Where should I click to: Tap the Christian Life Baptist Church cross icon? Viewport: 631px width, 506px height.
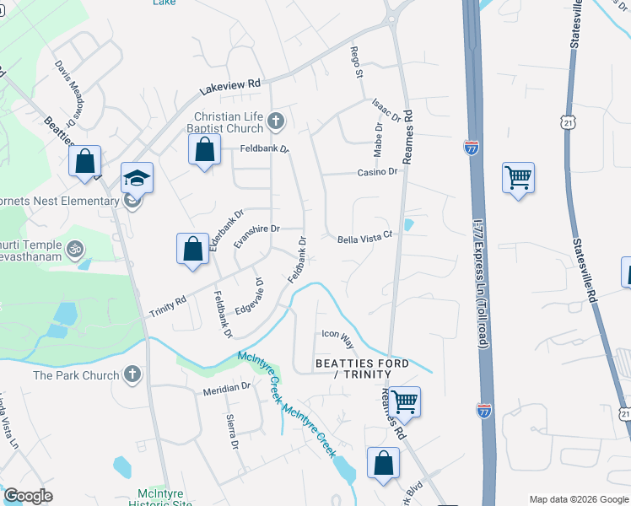point(275,123)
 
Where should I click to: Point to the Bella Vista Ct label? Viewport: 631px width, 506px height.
point(366,239)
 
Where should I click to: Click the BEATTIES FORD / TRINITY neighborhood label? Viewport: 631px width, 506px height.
point(362,369)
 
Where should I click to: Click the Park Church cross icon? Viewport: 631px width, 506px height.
point(132,374)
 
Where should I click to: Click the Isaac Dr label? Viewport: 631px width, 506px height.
point(383,109)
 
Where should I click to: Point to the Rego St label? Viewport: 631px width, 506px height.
point(358,63)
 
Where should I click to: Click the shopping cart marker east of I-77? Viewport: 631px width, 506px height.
point(518,178)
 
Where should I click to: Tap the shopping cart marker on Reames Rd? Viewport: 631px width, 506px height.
point(405,401)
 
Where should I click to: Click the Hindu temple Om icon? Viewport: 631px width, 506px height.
point(73,250)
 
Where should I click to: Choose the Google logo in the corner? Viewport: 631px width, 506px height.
point(28,496)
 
